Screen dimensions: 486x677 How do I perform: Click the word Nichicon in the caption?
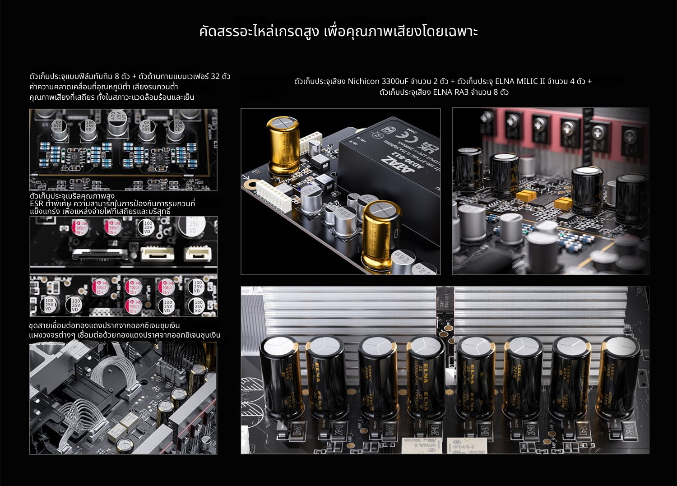[x=363, y=82]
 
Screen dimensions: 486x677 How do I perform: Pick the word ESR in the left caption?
[x=37, y=204]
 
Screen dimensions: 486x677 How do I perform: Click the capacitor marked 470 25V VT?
[x=116, y=123]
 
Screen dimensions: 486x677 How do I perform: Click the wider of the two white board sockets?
[x=157, y=254]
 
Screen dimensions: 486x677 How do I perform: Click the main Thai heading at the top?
[x=338, y=32]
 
